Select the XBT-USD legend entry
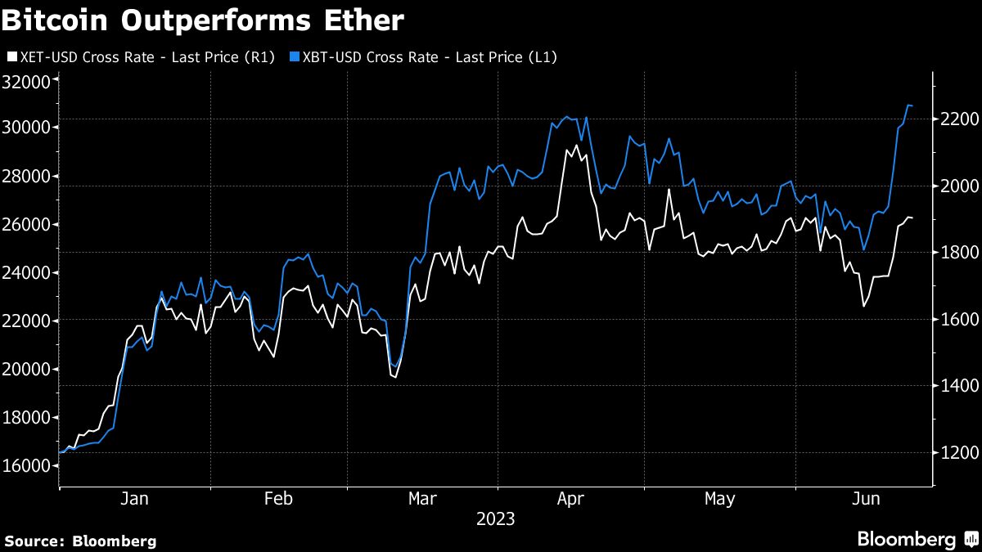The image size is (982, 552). (424, 57)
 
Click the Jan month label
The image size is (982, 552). (135, 498)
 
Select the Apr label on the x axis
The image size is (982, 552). (570, 498)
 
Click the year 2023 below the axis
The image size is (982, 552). (496, 519)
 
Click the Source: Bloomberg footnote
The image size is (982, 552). (80, 541)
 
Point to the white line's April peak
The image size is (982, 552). (576, 146)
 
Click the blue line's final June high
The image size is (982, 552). (908, 105)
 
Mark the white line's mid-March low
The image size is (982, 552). (395, 377)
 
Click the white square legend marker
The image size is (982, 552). (11, 57)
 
